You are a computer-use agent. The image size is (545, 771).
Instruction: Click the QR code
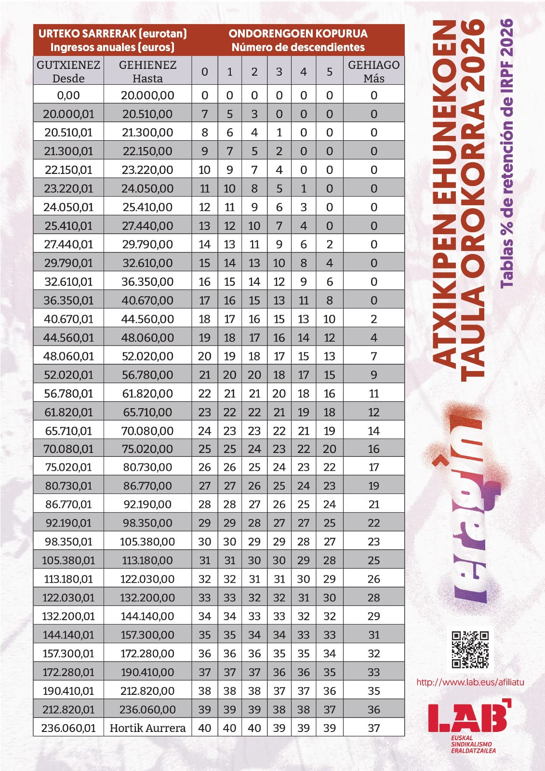coord(470,649)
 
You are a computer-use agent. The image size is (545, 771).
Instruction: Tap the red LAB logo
coord(467,718)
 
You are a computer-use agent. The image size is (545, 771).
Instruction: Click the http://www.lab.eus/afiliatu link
coord(470,682)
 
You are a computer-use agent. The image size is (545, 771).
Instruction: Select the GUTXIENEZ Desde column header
coord(68,71)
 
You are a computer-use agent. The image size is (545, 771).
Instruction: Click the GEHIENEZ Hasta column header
coord(147,71)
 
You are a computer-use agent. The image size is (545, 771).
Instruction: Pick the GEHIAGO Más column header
coord(373,71)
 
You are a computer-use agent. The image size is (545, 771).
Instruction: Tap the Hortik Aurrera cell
coord(147,728)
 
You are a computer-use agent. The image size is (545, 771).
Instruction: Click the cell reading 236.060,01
coord(68,728)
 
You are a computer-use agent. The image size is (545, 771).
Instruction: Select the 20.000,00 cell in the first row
coord(147,95)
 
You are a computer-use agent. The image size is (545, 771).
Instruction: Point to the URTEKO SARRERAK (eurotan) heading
coord(112,34)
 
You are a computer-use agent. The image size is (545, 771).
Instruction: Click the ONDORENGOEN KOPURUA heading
coord(298,34)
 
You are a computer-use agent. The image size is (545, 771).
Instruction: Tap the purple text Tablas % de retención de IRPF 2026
coord(507,153)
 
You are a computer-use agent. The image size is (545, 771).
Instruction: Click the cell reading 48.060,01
coord(68,356)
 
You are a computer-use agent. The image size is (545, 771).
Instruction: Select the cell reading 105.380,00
coord(147,542)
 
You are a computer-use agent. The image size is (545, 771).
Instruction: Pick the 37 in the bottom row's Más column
coord(373,728)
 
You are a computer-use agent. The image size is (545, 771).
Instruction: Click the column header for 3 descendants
coord(279,71)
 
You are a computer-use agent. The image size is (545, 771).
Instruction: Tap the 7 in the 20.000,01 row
coord(205,114)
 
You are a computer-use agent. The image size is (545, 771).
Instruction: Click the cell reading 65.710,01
coord(68,431)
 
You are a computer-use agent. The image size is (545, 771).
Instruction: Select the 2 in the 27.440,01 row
coord(329,244)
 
